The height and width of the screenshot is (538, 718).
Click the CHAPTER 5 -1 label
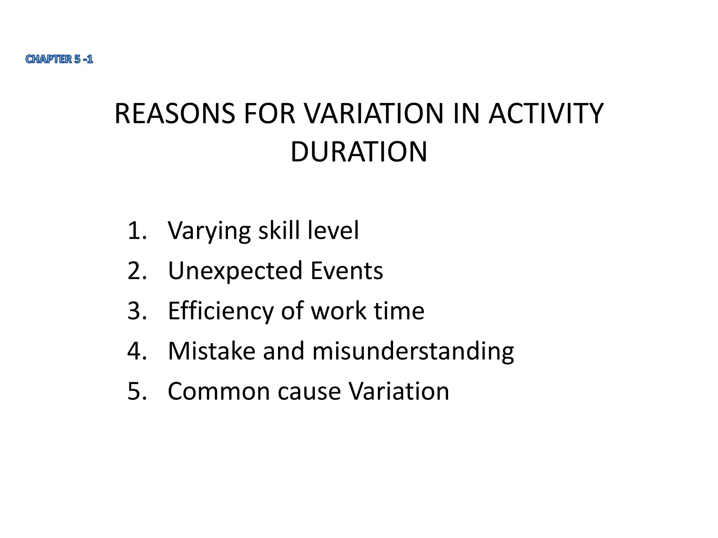59,59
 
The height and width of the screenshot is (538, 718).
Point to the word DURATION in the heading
359,152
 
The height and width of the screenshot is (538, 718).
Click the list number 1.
136,230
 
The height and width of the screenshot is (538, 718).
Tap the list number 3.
136,311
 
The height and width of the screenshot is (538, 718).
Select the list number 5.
136,391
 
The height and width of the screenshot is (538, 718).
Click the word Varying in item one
209,231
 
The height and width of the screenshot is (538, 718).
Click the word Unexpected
235,271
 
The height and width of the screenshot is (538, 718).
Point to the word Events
347,270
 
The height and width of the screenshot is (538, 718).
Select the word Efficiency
221,311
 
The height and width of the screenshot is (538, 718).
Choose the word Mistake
211,351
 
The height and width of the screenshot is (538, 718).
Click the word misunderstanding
413,351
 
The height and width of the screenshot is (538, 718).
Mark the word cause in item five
309,392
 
